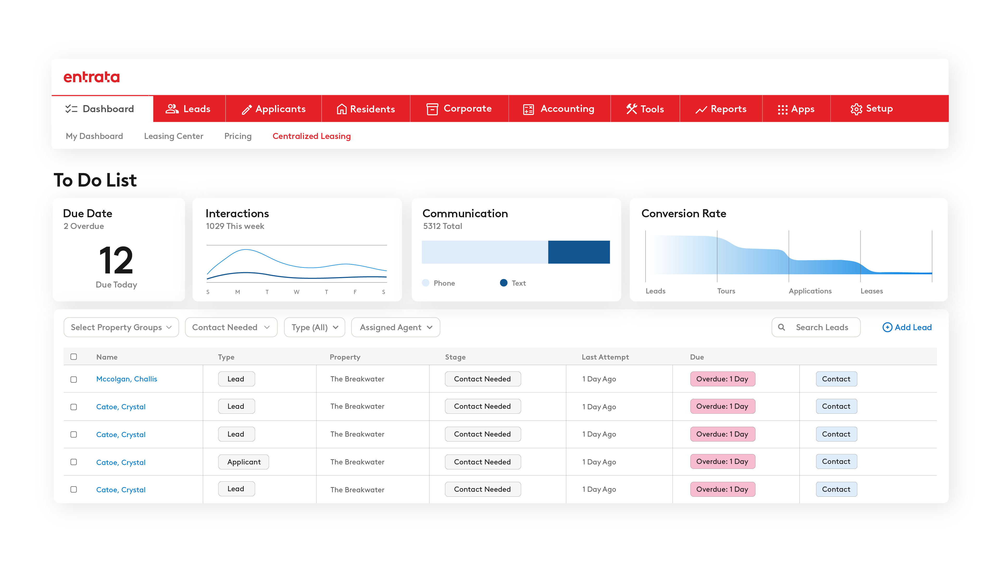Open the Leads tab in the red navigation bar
pos(188,109)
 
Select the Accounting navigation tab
pos(559,109)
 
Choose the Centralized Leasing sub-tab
pos(311,136)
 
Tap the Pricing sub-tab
pos(238,136)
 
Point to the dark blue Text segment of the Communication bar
pos(578,252)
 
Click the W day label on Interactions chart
pos(296,292)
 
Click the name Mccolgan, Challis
pos(127,379)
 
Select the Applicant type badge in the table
pos(243,462)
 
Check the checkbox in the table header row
pos(74,357)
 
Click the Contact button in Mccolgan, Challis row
pos(836,379)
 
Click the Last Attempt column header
pos(605,357)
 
